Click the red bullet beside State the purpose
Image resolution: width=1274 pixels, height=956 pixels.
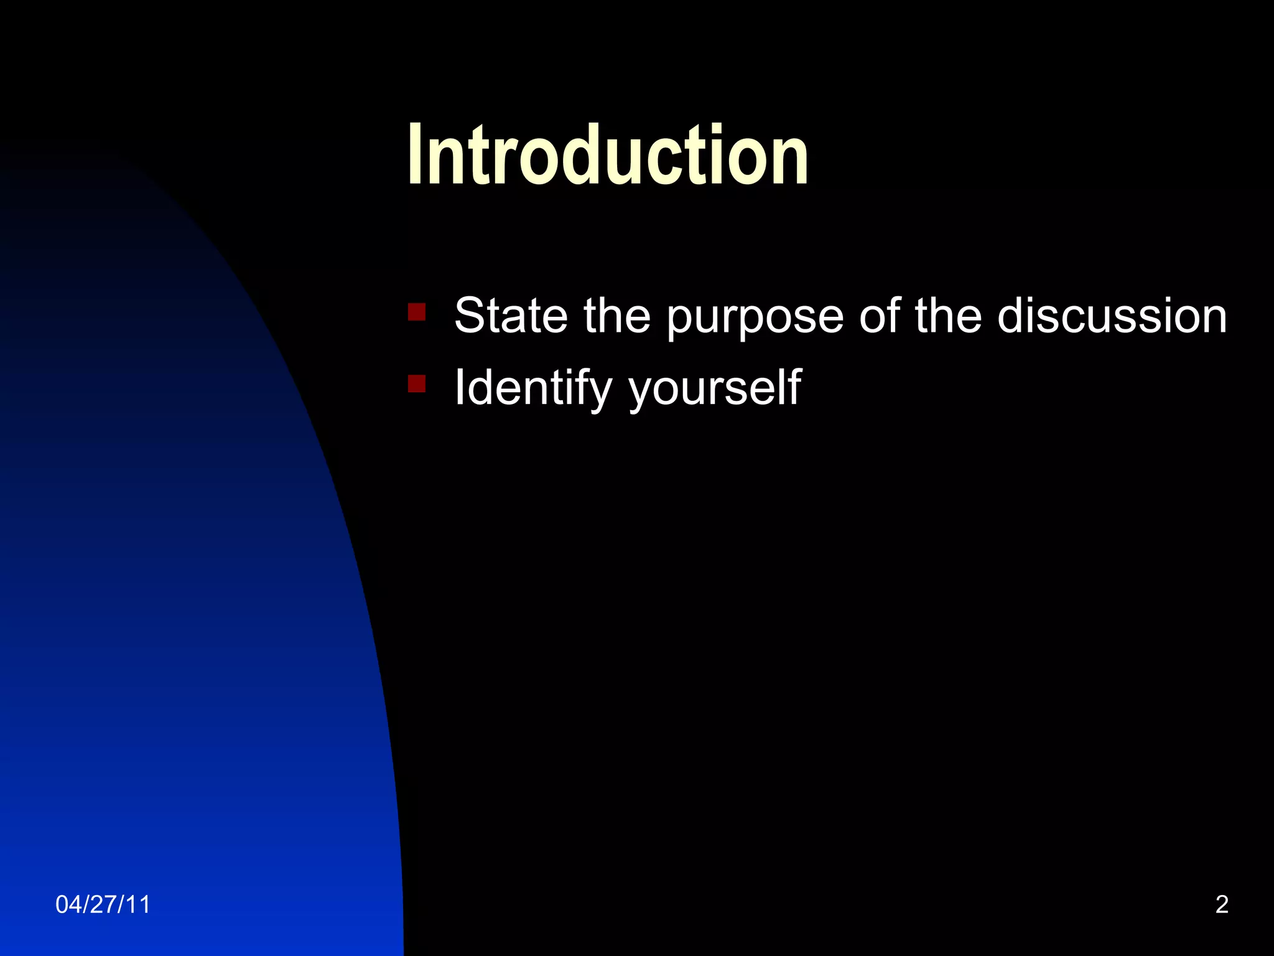(x=417, y=311)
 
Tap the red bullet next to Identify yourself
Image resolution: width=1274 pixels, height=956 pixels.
(x=417, y=383)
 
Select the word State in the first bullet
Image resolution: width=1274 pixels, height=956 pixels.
(x=511, y=316)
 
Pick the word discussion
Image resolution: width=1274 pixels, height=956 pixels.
(x=1112, y=316)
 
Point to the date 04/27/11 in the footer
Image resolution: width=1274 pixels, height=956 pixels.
(x=103, y=904)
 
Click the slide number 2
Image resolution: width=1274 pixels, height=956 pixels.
(x=1222, y=904)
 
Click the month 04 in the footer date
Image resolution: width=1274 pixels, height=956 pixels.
(x=68, y=904)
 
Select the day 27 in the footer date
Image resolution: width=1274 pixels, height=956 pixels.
(x=103, y=904)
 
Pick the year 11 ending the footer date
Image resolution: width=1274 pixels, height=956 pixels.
(x=139, y=904)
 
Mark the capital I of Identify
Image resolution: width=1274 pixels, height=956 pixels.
(x=459, y=387)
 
